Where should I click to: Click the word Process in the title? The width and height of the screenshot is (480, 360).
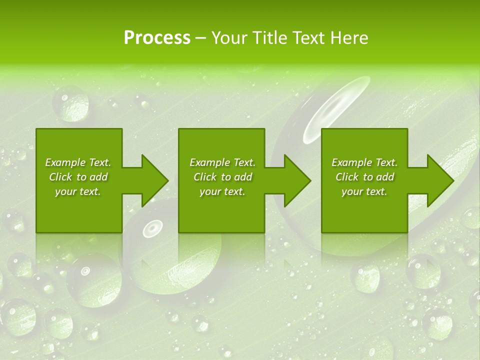tap(157, 38)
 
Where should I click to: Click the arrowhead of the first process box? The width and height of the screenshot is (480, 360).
tap(155, 180)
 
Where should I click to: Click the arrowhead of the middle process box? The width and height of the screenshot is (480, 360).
tap(297, 180)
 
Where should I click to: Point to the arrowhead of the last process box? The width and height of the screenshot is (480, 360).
tap(440, 180)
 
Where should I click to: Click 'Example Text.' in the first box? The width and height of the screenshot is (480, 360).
tap(78, 162)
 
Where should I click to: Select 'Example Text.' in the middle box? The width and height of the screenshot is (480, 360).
tap(222, 162)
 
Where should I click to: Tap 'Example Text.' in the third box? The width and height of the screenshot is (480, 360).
tap(364, 162)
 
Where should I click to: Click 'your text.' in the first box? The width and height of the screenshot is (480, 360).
tap(78, 191)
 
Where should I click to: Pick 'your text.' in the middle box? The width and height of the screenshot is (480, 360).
tap(222, 191)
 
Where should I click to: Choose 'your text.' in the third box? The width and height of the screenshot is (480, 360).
tap(364, 191)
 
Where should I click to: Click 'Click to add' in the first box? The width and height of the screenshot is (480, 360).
tap(78, 177)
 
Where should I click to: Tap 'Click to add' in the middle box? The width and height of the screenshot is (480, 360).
tap(222, 177)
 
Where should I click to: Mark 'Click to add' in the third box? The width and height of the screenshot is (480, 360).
tap(364, 177)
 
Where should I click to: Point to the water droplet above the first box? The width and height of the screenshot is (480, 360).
tap(70, 104)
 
